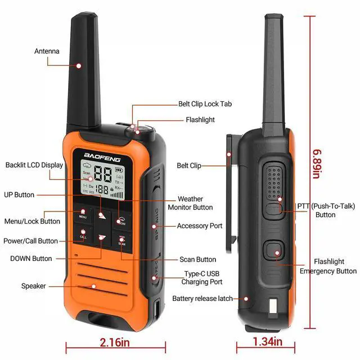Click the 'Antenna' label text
coord(47,51)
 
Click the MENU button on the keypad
coord(83,214)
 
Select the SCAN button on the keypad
coord(121,242)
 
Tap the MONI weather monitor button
coord(122,219)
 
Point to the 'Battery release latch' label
coord(202,299)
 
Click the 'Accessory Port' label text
coord(200,226)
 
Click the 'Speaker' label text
coord(34,286)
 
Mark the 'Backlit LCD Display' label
coord(34,165)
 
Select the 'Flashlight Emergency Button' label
coord(328,266)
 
